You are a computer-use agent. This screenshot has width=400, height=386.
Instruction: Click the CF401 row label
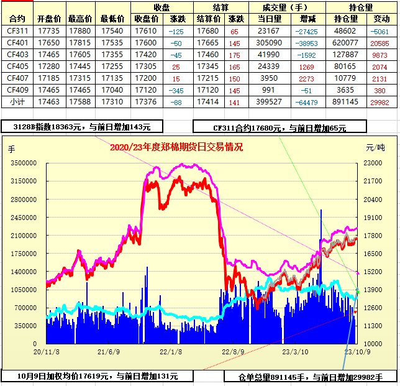[x=17, y=42]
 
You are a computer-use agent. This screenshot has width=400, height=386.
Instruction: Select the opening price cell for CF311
[x=49, y=30]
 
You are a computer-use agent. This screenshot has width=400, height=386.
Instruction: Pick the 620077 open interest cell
[x=345, y=42]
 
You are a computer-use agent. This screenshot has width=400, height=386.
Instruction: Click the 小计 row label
[x=17, y=101]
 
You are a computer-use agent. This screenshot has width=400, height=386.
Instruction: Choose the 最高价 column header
[x=80, y=19]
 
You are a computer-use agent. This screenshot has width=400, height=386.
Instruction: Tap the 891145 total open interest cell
[x=345, y=101]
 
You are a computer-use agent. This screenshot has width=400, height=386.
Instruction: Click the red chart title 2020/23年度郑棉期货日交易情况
[x=176, y=147]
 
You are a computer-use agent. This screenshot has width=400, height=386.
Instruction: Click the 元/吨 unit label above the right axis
[x=375, y=148]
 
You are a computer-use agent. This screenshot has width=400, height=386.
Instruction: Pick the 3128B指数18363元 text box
[x=82, y=127]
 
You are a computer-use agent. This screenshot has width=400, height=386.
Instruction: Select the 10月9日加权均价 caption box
[x=97, y=375]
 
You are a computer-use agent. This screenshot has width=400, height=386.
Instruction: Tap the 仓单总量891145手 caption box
[x=310, y=377]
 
